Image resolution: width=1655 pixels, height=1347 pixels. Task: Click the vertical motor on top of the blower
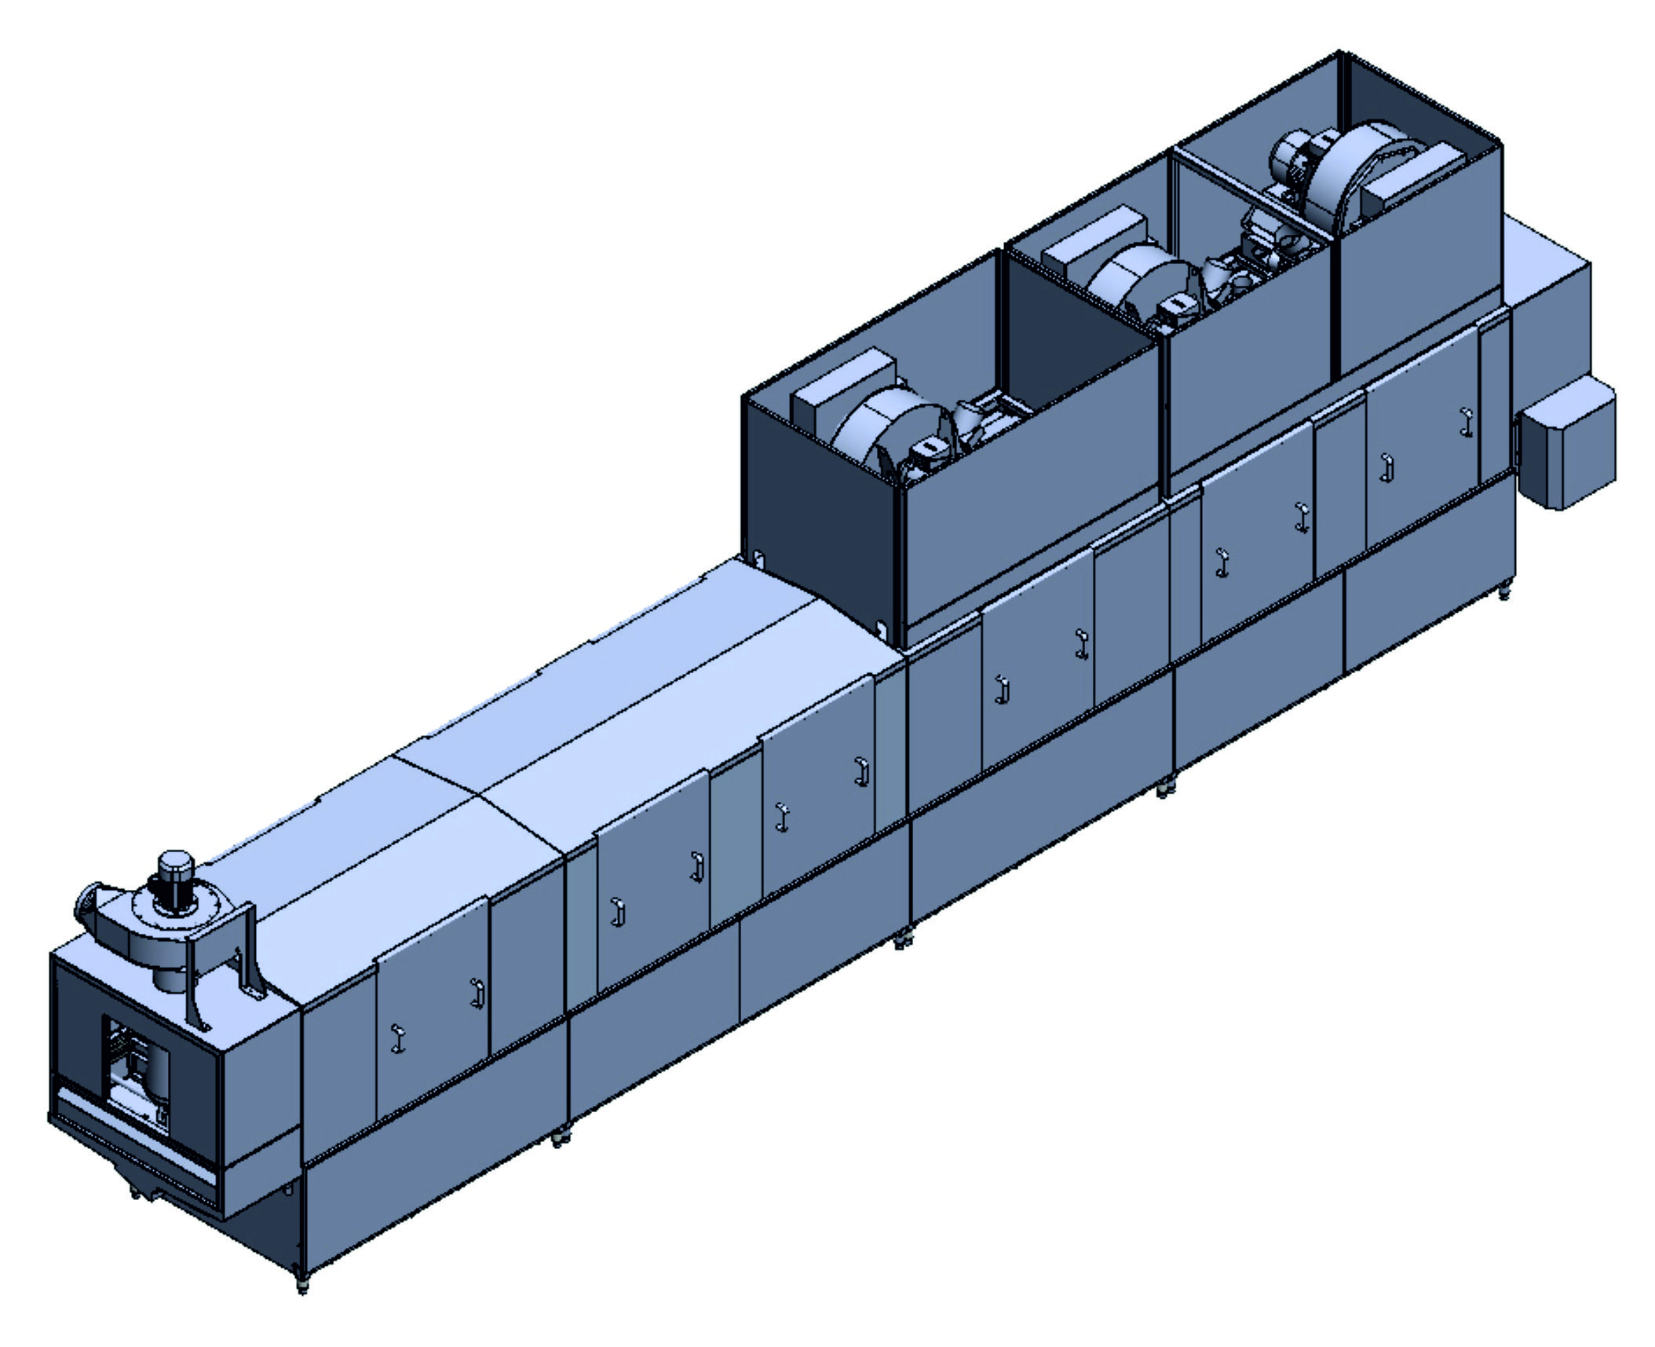click(176, 874)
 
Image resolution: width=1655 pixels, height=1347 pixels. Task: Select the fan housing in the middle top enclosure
click(1134, 284)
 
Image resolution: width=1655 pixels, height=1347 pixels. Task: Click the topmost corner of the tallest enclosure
click(1341, 53)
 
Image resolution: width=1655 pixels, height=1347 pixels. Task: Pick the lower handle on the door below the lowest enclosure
click(1000, 688)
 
